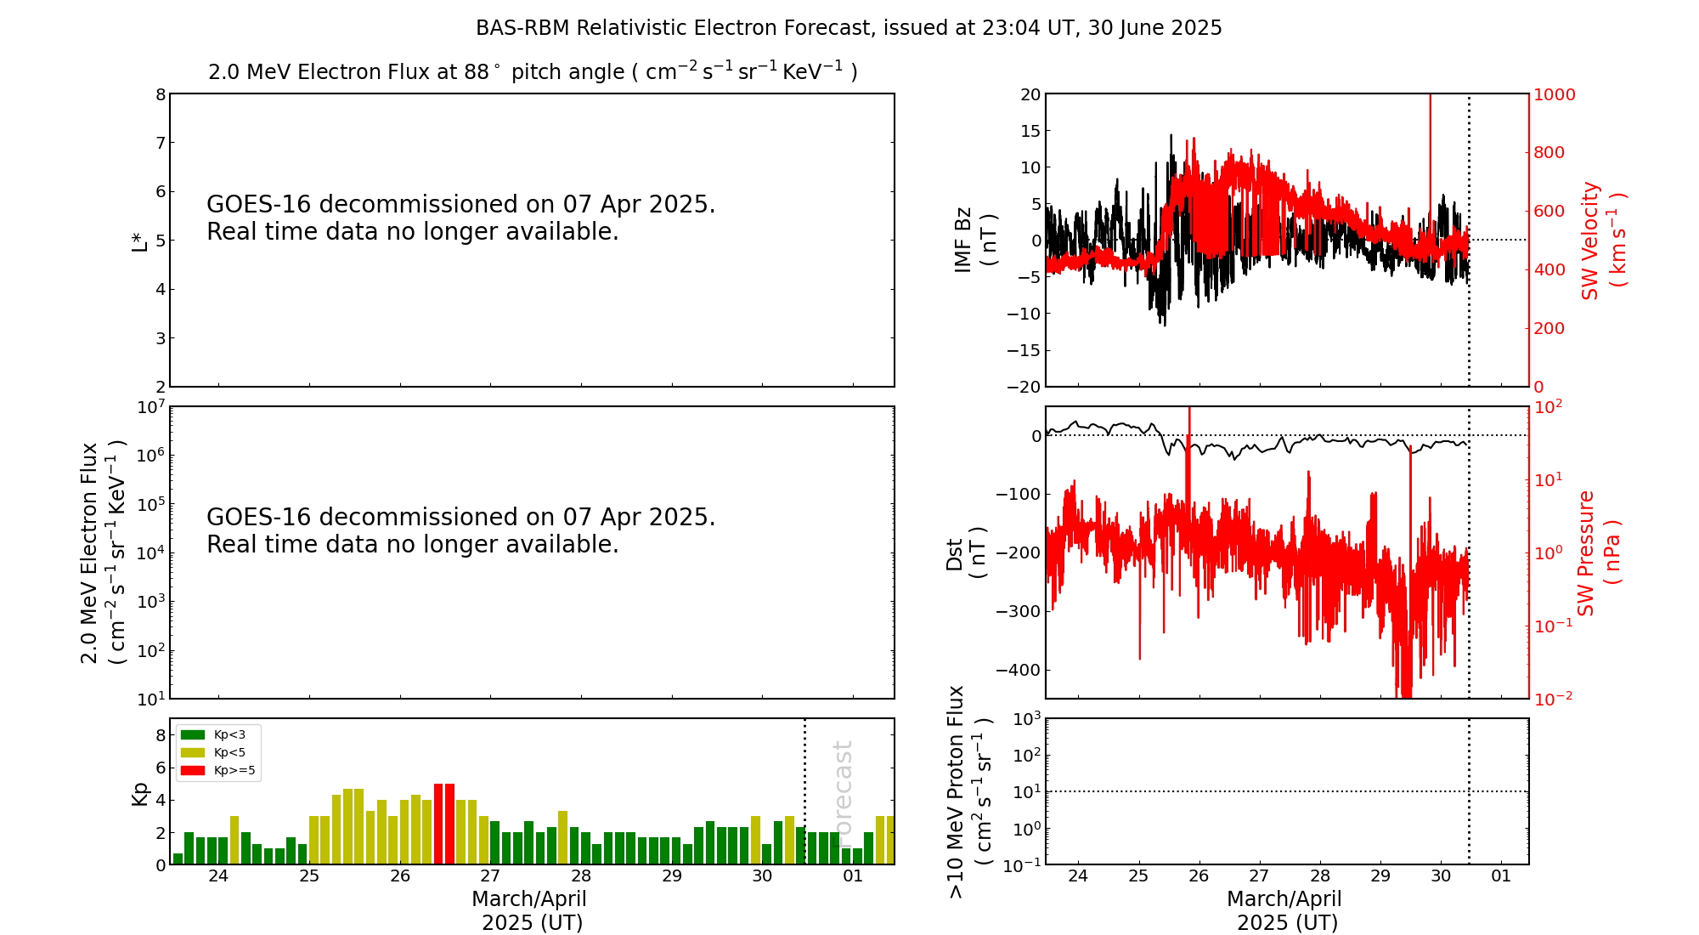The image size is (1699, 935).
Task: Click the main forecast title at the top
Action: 849,28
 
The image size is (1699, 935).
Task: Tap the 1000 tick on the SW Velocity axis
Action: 1554,94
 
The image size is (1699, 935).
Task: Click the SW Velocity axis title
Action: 1602,240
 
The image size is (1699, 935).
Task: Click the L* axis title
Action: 139,240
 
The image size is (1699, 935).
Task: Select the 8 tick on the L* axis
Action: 160,94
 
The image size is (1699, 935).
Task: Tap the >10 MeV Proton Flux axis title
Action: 968,791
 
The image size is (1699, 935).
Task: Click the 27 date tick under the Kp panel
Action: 490,876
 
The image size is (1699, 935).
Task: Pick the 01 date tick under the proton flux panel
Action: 1501,876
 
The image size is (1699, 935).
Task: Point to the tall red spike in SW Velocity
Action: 1430,153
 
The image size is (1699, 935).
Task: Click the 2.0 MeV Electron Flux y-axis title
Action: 102,552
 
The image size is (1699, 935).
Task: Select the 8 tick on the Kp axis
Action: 160,735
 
